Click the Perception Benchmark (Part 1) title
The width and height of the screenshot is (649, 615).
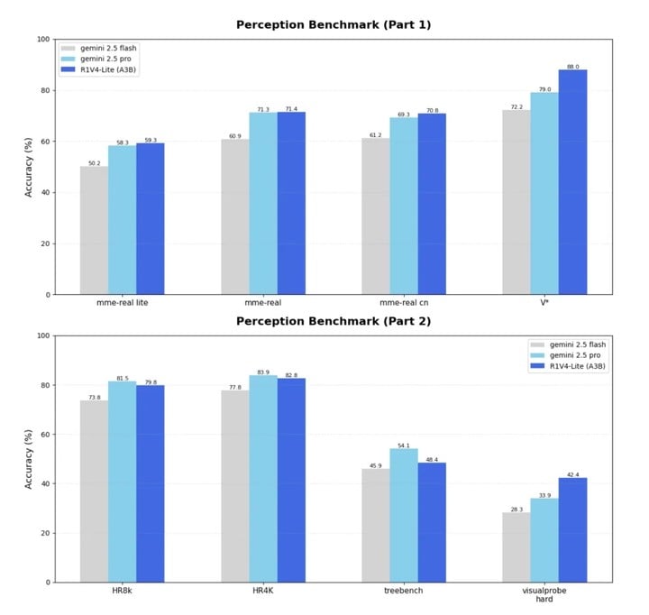pyautogui.click(x=334, y=25)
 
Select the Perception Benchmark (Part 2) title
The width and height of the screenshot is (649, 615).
pyautogui.click(x=334, y=321)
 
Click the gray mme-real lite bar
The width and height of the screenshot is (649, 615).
pyautogui.click(x=94, y=230)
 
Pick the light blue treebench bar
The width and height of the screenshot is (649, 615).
pyautogui.click(x=404, y=515)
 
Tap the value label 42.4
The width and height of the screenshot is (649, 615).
pyautogui.click(x=573, y=473)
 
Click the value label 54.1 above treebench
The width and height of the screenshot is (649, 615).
pyautogui.click(x=404, y=445)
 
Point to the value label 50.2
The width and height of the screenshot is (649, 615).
pyautogui.click(x=94, y=163)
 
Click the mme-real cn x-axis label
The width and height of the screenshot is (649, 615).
pyautogui.click(x=404, y=303)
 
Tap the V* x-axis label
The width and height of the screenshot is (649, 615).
pyautogui.click(x=544, y=303)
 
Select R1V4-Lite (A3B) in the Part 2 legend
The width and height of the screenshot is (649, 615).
pyautogui.click(x=577, y=366)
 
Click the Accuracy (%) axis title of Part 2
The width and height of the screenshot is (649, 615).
pyautogui.click(x=30, y=458)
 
